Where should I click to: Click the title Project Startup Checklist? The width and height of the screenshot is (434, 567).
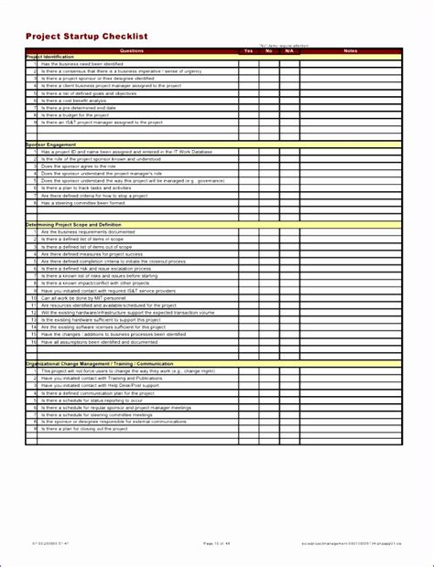coord(86,36)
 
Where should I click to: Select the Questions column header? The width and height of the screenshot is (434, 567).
coord(132,50)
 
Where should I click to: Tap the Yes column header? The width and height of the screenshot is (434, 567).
coord(248,50)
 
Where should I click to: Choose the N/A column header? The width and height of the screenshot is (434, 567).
coord(288,50)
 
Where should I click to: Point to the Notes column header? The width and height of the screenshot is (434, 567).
coord(351,50)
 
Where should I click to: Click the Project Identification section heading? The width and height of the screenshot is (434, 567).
coord(51,57)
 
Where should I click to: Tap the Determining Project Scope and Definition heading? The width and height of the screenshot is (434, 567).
coord(73,225)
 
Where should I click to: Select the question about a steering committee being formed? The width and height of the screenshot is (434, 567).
coord(87,203)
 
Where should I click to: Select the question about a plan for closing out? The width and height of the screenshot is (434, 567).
coord(82,428)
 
